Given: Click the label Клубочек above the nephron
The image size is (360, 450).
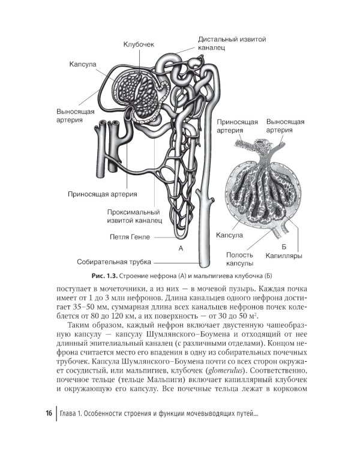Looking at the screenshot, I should (x=139, y=45).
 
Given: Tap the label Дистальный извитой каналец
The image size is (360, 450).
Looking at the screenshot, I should (x=232, y=43).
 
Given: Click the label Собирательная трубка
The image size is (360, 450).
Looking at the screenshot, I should (x=114, y=262).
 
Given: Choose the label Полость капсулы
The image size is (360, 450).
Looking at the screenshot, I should (x=239, y=259).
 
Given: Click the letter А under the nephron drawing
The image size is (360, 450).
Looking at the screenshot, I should (x=180, y=247).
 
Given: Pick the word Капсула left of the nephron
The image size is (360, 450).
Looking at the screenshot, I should (x=83, y=63).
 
